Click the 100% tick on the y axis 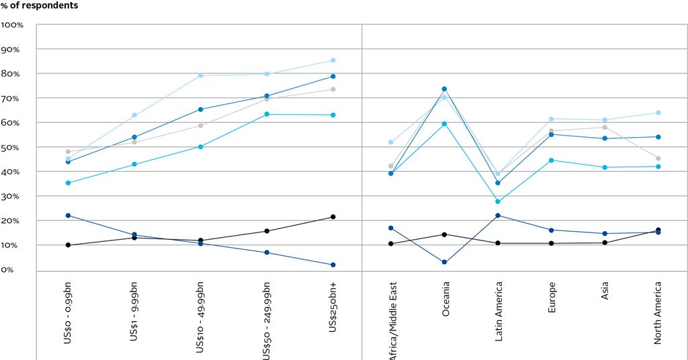click(13, 25)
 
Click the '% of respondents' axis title click(39, 6)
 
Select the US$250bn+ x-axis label click(333, 306)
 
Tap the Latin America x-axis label click(499, 312)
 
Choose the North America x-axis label click(658, 313)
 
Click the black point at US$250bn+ click(333, 217)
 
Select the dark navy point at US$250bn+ click(333, 265)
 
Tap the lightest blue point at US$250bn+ click(333, 60)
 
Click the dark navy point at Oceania click(445, 262)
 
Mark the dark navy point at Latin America click(498, 216)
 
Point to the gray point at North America click(658, 159)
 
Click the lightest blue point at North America click(658, 113)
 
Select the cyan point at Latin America click(498, 201)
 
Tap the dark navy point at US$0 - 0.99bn click(68, 216)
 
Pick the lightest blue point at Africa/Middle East click(391, 142)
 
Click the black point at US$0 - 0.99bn click(68, 245)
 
